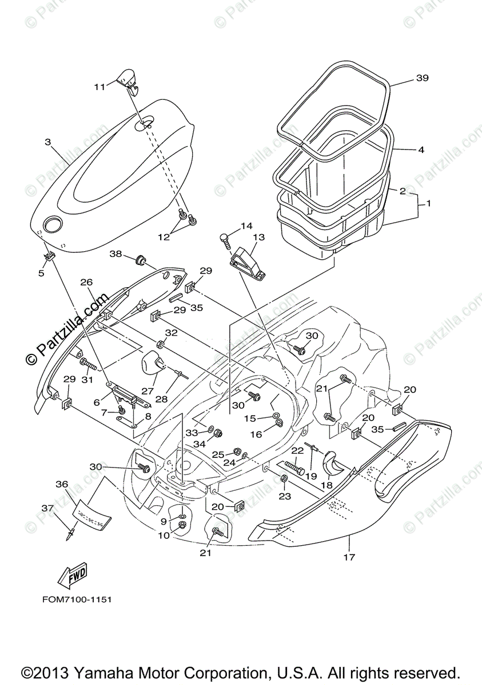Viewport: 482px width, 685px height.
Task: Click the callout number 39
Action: tap(422, 78)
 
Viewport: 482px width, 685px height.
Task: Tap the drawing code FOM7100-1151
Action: tap(76, 600)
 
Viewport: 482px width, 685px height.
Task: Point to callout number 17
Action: tap(349, 557)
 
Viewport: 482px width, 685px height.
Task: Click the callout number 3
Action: tap(48, 142)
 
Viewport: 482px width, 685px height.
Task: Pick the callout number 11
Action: tap(100, 87)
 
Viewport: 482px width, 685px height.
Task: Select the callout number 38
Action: tap(116, 254)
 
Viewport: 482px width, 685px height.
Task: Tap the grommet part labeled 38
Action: tap(139, 260)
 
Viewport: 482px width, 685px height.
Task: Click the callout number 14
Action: tap(246, 226)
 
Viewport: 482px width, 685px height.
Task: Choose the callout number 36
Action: tap(62, 484)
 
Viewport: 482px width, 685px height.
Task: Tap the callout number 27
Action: tap(148, 391)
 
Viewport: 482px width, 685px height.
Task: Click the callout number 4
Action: tap(421, 150)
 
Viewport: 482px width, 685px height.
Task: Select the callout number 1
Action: tap(429, 204)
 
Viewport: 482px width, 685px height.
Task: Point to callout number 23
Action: tap(284, 497)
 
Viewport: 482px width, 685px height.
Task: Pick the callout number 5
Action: tap(41, 273)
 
